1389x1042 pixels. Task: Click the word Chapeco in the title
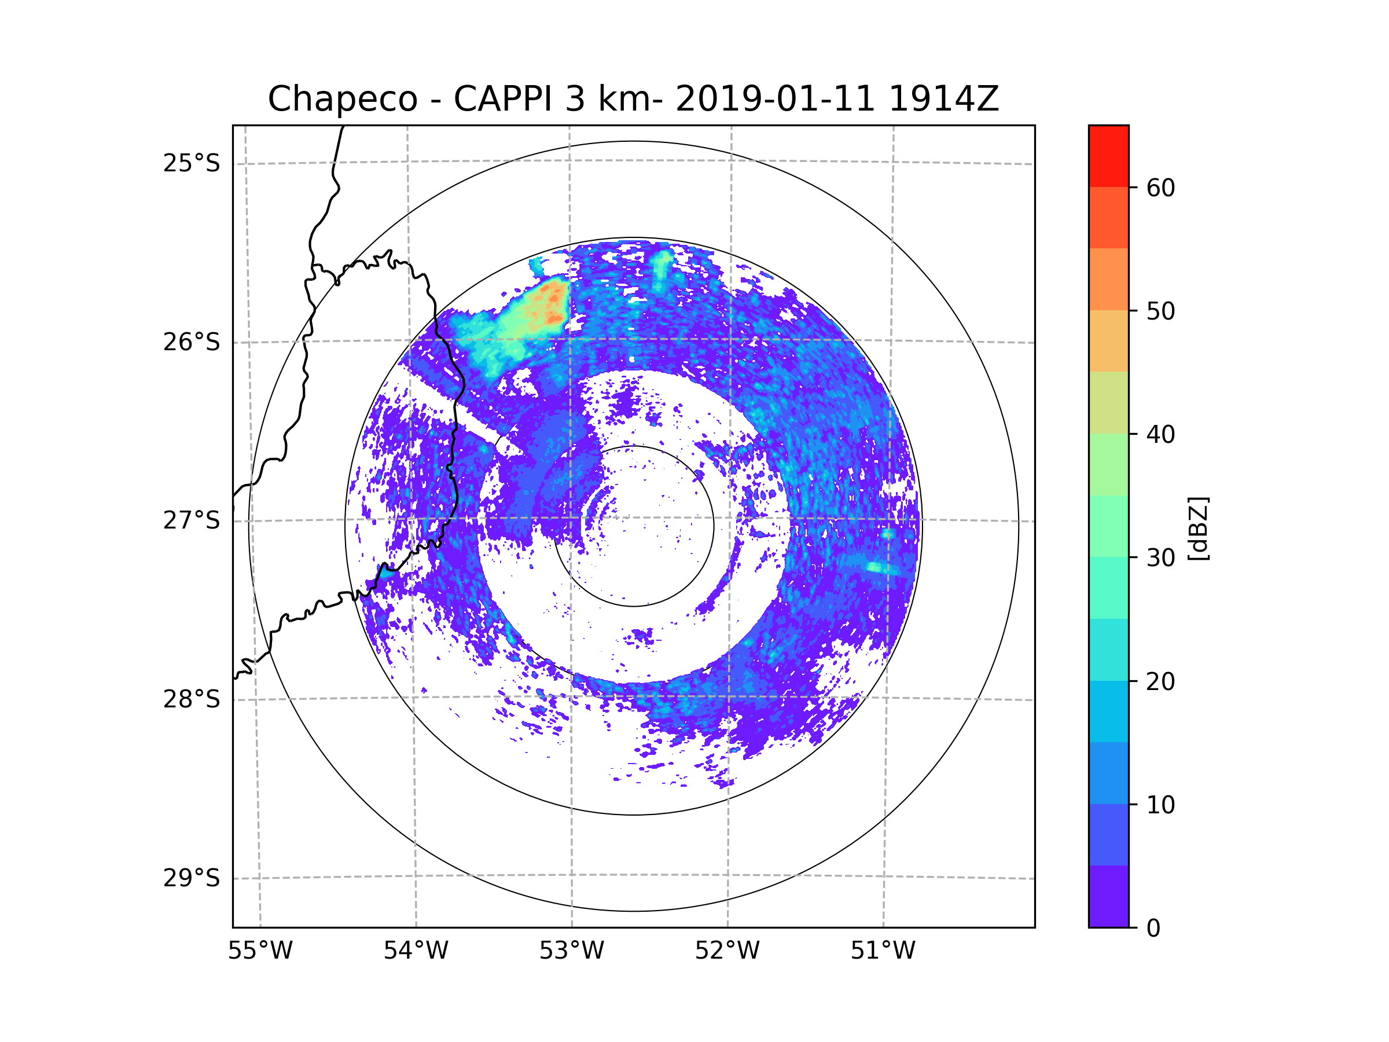342,99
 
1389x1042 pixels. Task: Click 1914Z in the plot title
943,99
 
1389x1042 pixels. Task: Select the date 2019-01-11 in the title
775,99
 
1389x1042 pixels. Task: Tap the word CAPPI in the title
502,99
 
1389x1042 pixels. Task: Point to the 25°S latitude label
192,163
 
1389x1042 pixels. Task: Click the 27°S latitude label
192,520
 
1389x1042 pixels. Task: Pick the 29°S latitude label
192,878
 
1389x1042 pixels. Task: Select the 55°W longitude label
260,951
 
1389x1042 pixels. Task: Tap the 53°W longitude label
571,951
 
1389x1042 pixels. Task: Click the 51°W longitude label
883,951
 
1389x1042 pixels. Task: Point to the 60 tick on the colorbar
1160,188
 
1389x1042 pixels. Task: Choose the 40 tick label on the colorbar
1160,435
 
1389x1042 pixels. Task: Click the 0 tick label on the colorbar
1153,929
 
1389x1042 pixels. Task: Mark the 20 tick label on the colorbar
1160,681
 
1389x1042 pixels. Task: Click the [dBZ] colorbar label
1198,528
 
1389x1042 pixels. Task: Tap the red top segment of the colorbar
1108,156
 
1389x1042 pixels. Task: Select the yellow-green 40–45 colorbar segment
1108,402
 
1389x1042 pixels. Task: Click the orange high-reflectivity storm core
552,304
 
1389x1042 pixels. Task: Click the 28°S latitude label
192,699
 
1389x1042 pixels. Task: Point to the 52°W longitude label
727,951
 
